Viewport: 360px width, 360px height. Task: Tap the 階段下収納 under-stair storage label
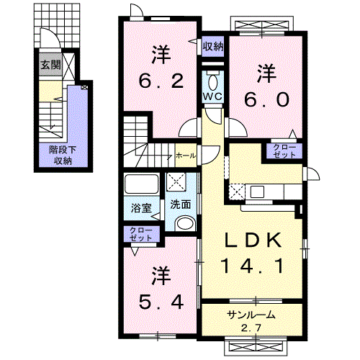coord(62,155)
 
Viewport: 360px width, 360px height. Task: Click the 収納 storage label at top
coord(212,48)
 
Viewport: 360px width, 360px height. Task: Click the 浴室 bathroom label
coord(141,210)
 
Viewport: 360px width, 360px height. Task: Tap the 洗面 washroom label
coord(180,204)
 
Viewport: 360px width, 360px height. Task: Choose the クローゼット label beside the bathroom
coord(141,233)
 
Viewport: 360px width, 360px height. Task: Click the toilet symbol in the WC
coord(214,78)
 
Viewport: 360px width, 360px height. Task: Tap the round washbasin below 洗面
coord(184,222)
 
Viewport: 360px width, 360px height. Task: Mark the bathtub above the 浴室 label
coord(141,184)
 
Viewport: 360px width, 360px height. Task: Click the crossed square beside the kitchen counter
coord(237,191)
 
